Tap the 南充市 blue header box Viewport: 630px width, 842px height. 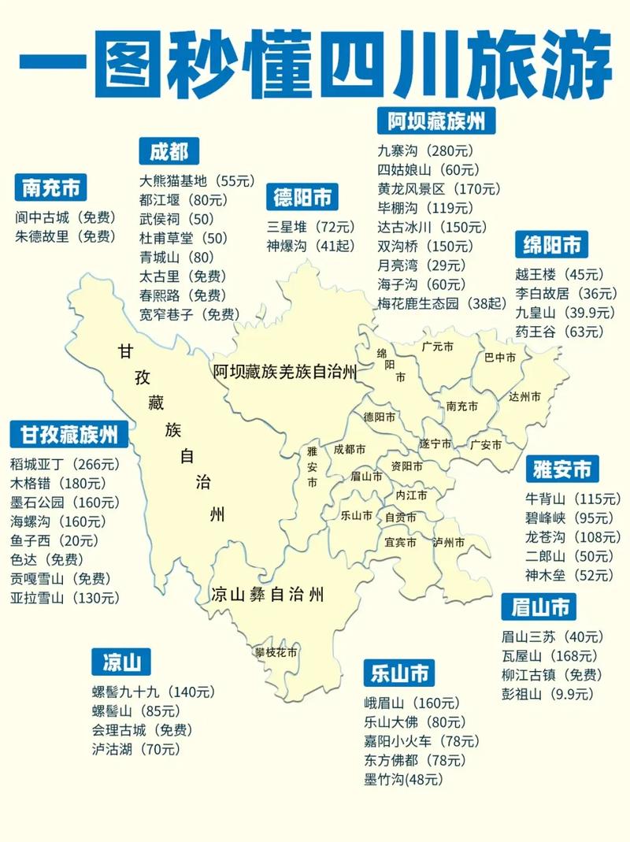pos(51,188)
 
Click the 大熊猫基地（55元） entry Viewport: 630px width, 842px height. pos(198,180)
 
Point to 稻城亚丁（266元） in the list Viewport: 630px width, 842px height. pos(64,463)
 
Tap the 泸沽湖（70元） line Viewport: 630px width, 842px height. pos(135,749)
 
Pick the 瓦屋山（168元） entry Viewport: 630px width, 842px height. pos(551,655)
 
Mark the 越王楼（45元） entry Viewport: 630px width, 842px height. pos(559,275)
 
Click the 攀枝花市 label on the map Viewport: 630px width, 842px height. pos(276,652)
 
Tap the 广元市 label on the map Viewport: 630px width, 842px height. pos(438,346)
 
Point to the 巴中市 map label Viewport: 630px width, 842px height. pos(500,358)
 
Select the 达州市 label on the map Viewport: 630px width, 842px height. pos(525,396)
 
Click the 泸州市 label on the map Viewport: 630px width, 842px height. pos(449,543)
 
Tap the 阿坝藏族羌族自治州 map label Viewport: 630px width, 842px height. pos(285,372)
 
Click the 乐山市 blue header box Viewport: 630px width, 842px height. pos(398,673)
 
